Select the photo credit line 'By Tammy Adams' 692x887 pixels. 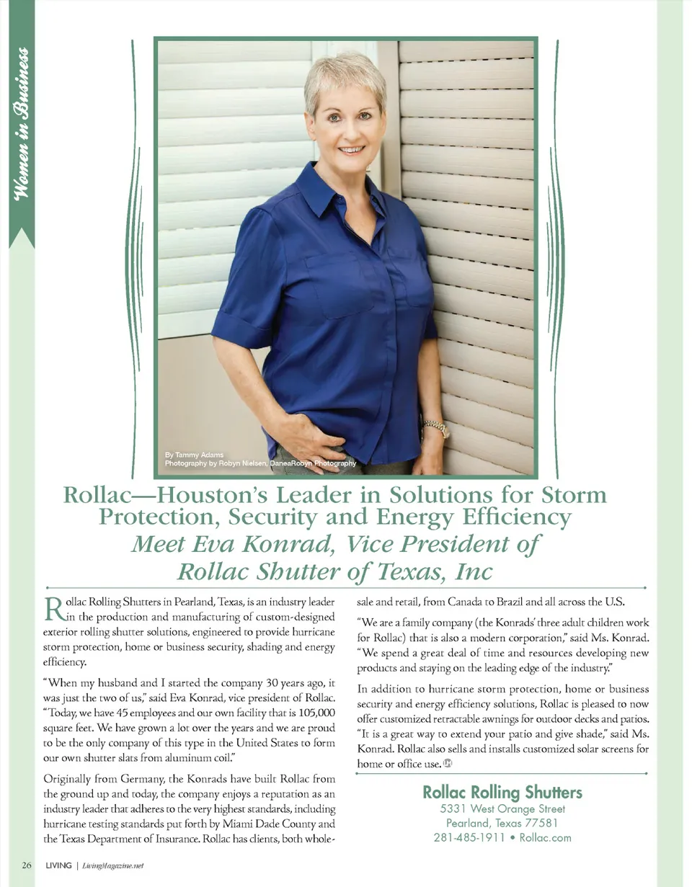tap(194, 455)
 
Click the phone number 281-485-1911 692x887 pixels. tap(469, 837)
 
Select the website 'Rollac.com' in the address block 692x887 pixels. tap(545, 837)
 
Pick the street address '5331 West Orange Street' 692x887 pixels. tap(502, 808)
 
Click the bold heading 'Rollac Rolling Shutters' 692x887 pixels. tap(502, 793)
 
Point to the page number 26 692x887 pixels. tap(26, 865)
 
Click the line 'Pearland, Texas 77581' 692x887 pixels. tap(502, 823)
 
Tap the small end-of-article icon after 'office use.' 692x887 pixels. tap(447, 764)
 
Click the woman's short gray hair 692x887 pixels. tap(345, 76)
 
